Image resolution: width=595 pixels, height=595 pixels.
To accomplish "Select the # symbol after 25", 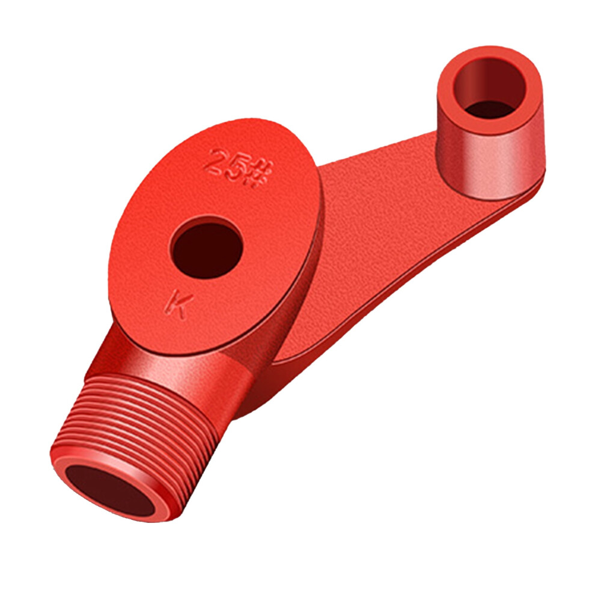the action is tap(260, 174).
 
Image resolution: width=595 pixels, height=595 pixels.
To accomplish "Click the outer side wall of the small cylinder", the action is tap(493, 163).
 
